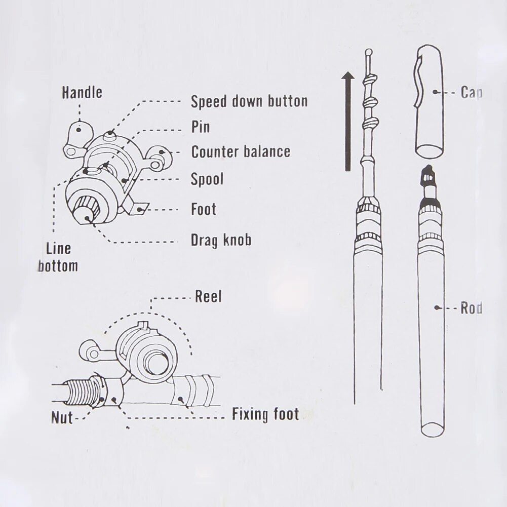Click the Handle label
[x=82, y=93]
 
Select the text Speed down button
[x=249, y=101]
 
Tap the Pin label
[x=200, y=127]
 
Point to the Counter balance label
[x=241, y=152]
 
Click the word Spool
[x=207, y=179]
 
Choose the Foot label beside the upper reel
[x=203, y=209]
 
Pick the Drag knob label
[x=220, y=240]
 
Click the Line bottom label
[x=58, y=257]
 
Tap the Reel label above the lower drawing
[x=208, y=297]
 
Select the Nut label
[x=62, y=418]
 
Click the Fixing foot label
[x=265, y=415]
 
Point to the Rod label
[x=471, y=308]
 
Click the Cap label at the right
[x=471, y=93]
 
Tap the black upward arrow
[x=347, y=122]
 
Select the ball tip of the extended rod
[x=368, y=52]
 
